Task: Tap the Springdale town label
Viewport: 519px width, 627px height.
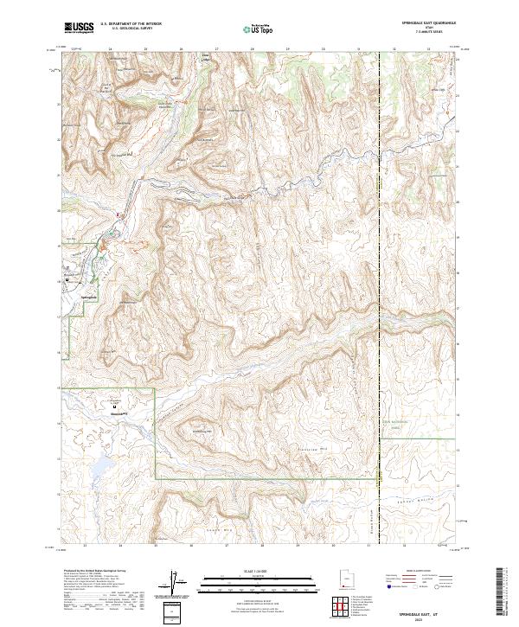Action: (86, 297)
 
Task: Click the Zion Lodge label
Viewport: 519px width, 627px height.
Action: (206, 59)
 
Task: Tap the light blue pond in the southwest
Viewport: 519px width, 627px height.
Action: (98, 468)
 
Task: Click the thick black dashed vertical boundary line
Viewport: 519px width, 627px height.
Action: (380, 259)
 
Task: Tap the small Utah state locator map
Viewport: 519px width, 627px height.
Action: (346, 578)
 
